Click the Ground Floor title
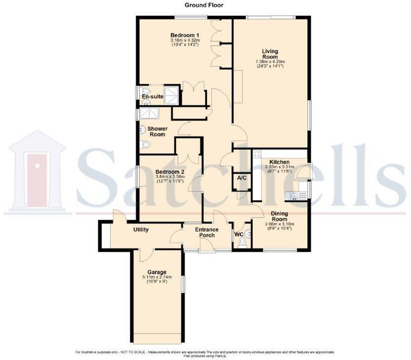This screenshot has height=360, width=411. [204, 5]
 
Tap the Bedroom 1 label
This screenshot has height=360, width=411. [185, 35]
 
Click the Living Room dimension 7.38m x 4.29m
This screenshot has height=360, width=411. [270, 62]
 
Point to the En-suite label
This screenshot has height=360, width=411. [152, 96]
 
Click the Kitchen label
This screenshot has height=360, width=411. [279, 162]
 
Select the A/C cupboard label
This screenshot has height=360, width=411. [242, 178]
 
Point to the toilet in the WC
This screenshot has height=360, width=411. [242, 242]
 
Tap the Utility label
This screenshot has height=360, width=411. [141, 230]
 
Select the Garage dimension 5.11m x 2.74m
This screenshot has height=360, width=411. [157, 278]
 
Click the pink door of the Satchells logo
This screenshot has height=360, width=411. [37, 180]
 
